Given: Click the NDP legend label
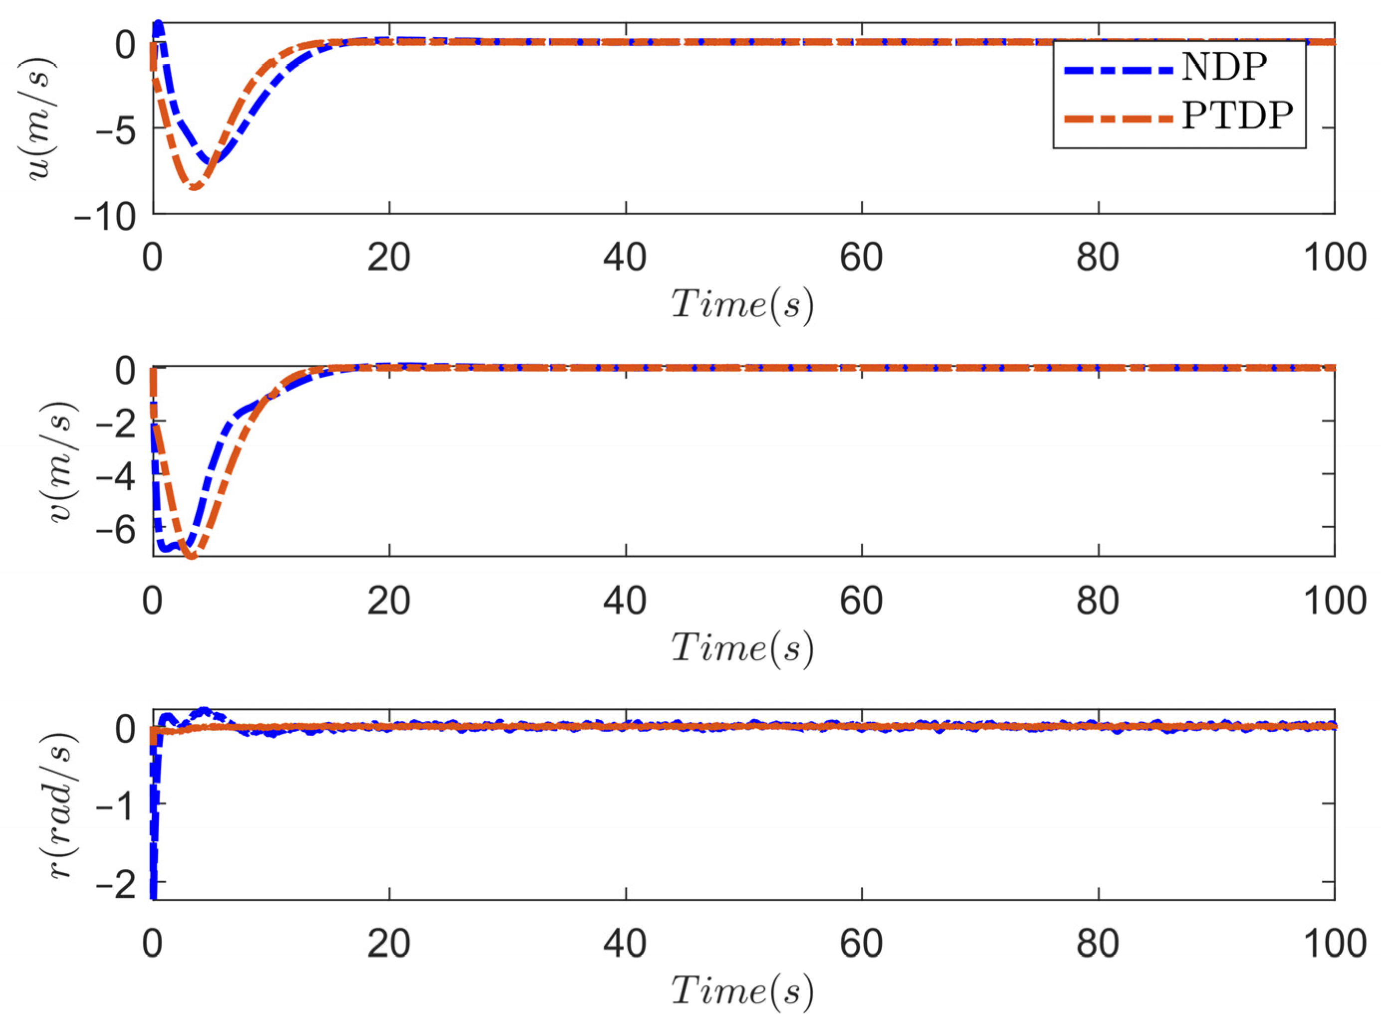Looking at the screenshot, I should point(1223,68).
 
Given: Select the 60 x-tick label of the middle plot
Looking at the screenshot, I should point(861,601).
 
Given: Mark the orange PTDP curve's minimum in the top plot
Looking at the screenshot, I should point(195,187).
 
